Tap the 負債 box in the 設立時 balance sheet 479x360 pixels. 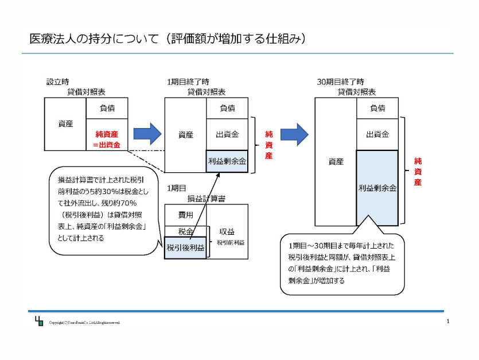tap(107, 108)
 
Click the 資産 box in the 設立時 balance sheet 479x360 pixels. tap(65, 123)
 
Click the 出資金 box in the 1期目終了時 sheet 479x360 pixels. tap(227, 134)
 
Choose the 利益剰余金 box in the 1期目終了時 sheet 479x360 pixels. tap(227, 162)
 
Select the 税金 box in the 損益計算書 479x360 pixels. tap(185, 232)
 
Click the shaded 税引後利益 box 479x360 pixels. tap(185, 248)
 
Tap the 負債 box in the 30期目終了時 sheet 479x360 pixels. tap(377, 108)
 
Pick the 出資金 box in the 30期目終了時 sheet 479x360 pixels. tap(377, 134)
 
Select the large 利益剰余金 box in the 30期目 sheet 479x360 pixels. tap(377, 188)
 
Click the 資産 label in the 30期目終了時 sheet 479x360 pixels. tap(336, 161)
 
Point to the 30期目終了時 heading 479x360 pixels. tap(340, 82)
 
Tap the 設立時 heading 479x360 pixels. tap(57, 82)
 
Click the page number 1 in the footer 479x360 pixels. tap(447, 322)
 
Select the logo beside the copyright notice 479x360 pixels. tap(38, 322)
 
